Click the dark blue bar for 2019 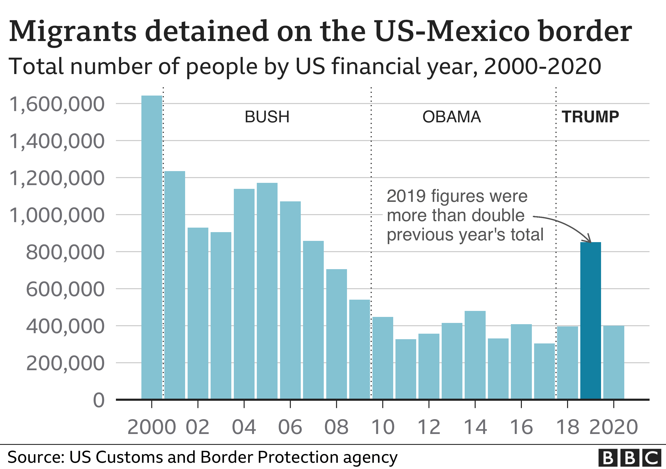591,321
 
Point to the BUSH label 267,117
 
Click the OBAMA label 452,117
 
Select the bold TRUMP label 591,117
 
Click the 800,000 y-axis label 65,252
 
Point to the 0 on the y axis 99,400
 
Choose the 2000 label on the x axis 152,427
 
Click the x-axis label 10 383,427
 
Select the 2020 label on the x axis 614,427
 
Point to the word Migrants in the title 72,31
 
